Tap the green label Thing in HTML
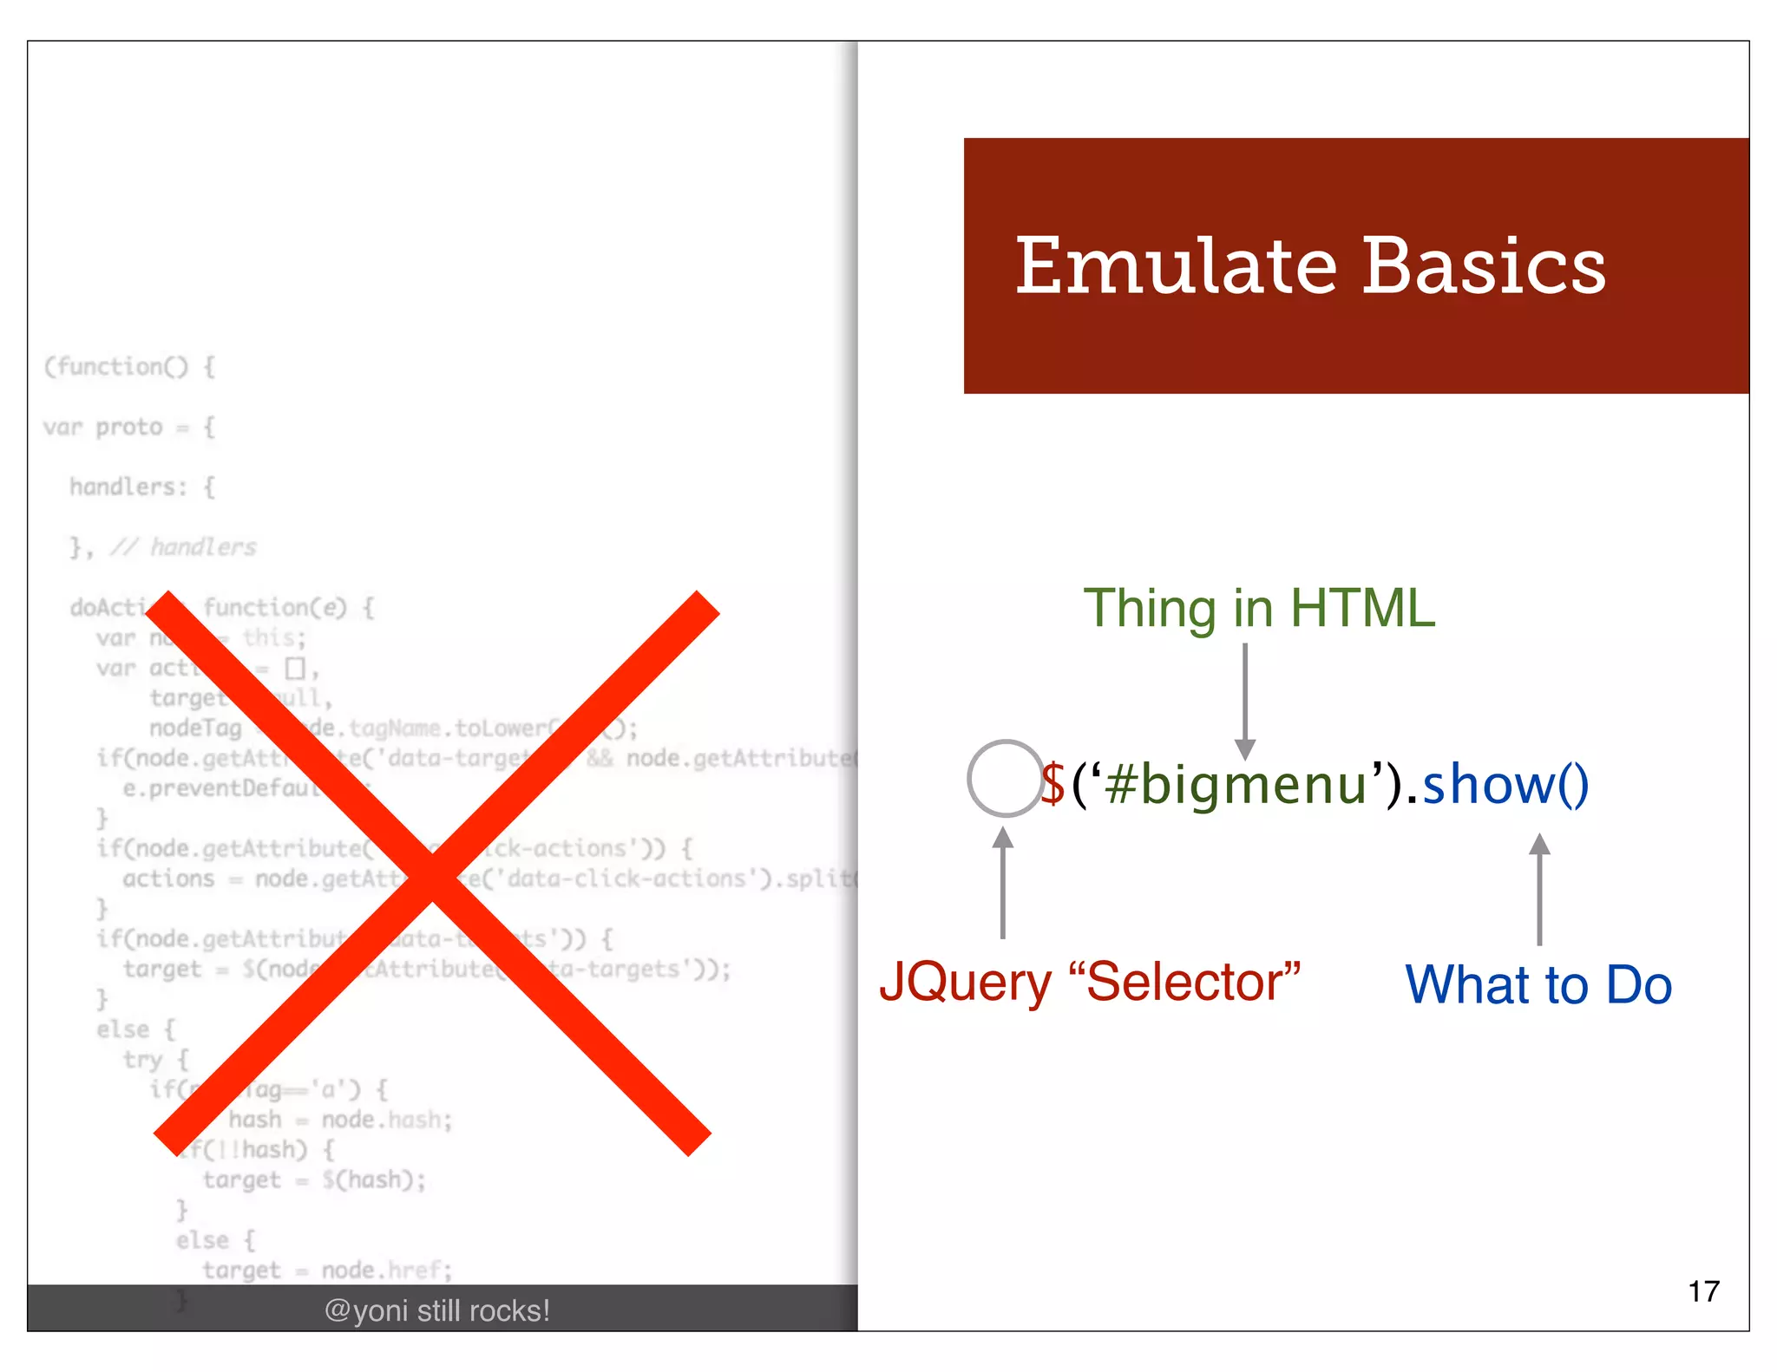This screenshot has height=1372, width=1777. coord(1259,608)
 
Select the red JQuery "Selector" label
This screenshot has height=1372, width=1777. coord(1090,982)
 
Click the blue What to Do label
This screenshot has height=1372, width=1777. coord(1538,984)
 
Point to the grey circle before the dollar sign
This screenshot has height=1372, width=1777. coord(1005,778)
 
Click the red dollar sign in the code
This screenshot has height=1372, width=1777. coord(1053,784)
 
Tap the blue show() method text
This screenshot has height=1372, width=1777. coord(1505,784)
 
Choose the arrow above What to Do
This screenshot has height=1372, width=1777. coord(1539,889)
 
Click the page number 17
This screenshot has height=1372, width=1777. coord(1703,1291)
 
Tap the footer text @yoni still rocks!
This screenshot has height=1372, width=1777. coord(437,1310)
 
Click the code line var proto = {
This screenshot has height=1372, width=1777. coord(129,427)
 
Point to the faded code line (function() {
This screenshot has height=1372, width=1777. coord(129,367)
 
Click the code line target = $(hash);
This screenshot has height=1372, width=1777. coord(314,1179)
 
